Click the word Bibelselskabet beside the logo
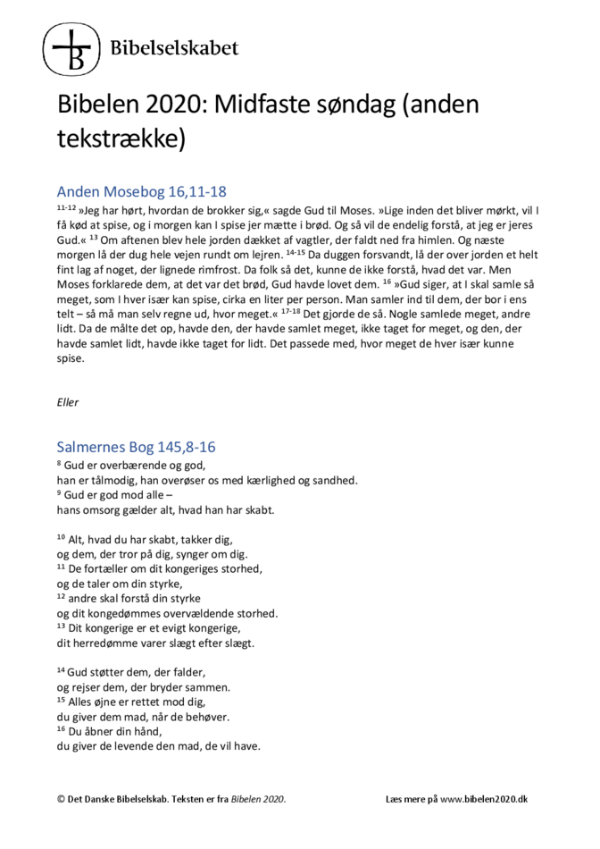tap(174, 47)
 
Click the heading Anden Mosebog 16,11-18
tap(141, 191)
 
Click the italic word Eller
tap(67, 402)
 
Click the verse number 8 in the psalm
tap(59, 464)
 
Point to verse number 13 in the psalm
tap(61, 626)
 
